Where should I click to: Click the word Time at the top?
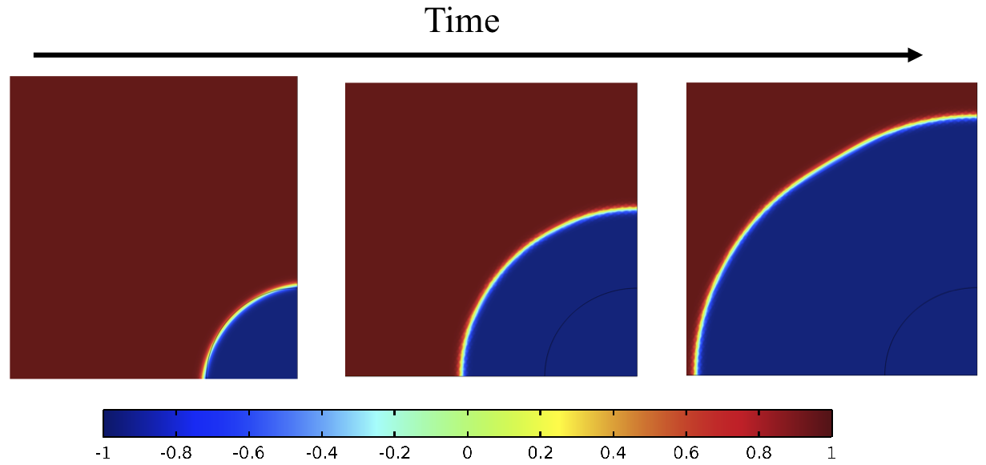click(462, 20)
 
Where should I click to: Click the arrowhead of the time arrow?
click(915, 55)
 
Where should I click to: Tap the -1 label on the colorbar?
click(103, 453)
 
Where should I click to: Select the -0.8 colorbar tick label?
click(175, 453)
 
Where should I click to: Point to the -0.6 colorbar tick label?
click(248, 453)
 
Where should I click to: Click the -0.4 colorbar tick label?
click(321, 453)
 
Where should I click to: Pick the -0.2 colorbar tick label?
click(394, 453)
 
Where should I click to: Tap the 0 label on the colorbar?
click(468, 453)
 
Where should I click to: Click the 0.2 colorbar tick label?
click(541, 453)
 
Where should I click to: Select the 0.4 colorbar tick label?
click(614, 453)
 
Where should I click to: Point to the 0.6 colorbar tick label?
click(686, 453)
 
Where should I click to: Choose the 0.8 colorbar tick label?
click(759, 453)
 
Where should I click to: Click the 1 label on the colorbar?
click(832, 453)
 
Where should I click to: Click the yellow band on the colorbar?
click(553, 422)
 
